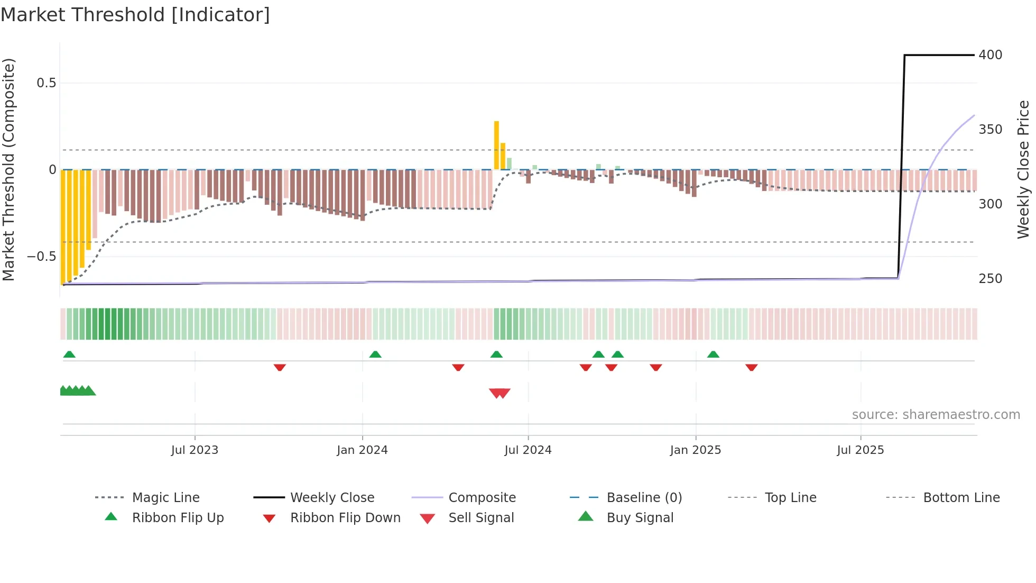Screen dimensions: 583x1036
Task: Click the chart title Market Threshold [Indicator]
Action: (x=135, y=15)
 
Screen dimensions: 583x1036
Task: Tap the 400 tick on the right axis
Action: (x=990, y=55)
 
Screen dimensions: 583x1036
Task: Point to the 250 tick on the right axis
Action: (x=990, y=279)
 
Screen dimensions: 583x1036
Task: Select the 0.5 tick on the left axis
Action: (x=46, y=83)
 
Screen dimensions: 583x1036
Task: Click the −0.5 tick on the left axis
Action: (x=42, y=257)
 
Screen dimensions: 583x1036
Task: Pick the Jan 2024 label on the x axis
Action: (x=362, y=450)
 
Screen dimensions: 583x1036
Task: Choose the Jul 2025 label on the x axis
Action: (x=860, y=450)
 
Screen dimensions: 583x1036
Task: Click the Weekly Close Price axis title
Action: (x=1023, y=169)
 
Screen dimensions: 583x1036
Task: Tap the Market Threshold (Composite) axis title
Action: (x=8, y=169)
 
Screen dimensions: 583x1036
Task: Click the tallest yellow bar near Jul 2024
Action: (x=496, y=145)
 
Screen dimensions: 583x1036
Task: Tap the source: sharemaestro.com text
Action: (x=936, y=415)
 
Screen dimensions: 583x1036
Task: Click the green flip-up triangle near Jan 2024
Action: (x=375, y=354)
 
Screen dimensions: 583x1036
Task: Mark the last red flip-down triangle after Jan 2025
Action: (x=751, y=367)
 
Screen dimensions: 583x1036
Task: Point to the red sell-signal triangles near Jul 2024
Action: (x=499, y=393)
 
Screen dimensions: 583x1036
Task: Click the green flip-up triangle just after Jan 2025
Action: (x=713, y=354)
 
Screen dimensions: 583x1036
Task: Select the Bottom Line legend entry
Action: (x=961, y=498)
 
